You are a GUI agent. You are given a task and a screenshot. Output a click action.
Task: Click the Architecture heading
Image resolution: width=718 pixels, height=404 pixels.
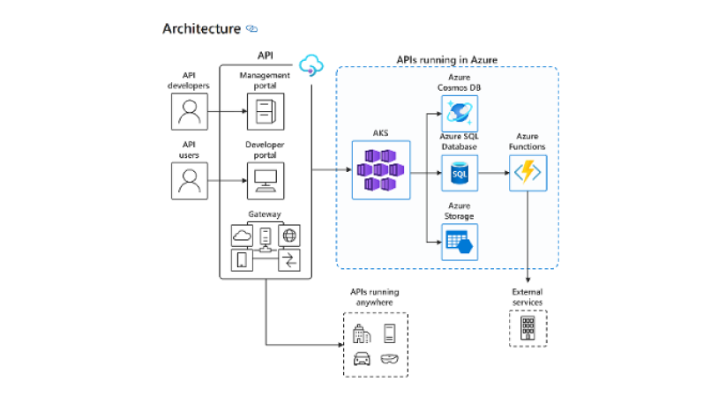tap(201, 28)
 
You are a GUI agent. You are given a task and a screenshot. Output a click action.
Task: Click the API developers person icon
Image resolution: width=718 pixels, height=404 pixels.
tap(189, 112)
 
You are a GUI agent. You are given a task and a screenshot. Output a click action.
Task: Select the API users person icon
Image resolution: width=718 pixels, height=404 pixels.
tap(189, 181)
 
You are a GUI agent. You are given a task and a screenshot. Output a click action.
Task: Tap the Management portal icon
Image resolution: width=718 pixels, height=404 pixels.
tap(265, 112)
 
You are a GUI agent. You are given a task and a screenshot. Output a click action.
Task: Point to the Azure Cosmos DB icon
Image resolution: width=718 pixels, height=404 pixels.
tap(459, 112)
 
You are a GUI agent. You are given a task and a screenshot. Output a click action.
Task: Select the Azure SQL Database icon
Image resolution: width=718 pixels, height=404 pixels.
tap(459, 173)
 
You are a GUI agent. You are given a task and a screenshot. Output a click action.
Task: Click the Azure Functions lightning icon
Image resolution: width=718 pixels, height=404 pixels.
tap(527, 173)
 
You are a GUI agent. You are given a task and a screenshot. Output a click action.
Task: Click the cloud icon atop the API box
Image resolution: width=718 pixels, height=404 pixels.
tap(310, 64)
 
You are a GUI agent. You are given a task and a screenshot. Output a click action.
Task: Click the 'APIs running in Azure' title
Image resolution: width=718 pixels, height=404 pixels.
tap(447, 59)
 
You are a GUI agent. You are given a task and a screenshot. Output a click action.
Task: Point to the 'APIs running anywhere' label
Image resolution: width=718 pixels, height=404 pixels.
tap(375, 297)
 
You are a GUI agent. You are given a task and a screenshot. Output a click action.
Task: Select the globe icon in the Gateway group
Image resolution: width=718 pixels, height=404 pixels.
tap(289, 236)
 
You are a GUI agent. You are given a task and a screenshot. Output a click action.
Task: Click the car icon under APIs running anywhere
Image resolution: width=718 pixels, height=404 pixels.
tap(361, 358)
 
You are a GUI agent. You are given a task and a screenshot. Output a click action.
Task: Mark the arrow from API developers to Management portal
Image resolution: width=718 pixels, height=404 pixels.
tap(227, 112)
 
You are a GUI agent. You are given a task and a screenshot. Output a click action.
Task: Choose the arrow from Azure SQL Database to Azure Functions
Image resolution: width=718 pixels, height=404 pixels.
tap(492, 173)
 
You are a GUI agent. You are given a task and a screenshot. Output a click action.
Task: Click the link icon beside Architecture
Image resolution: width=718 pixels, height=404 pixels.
tap(252, 29)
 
